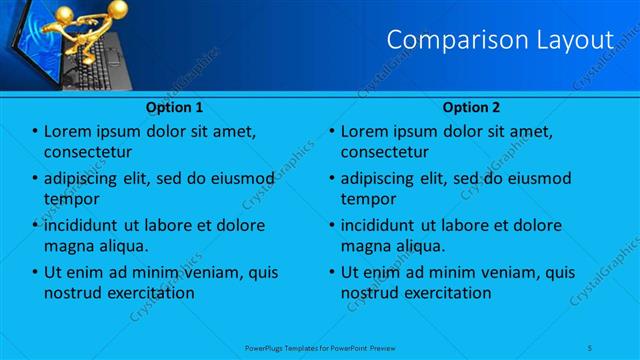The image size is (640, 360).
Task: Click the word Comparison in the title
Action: (x=450, y=40)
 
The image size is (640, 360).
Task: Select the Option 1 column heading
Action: (x=175, y=106)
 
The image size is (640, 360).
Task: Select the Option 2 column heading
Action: (x=471, y=106)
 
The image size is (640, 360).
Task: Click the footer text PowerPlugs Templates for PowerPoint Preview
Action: (x=320, y=348)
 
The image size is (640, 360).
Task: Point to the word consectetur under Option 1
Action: (x=88, y=152)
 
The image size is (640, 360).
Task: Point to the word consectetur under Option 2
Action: (x=385, y=152)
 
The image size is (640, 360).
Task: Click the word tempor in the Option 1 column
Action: (x=71, y=199)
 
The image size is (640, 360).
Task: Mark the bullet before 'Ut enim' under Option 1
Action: (x=34, y=272)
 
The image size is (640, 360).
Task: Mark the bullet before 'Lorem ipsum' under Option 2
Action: (x=331, y=131)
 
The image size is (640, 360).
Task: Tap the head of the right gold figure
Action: (x=117, y=9)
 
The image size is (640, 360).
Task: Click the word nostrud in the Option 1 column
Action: (x=73, y=293)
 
